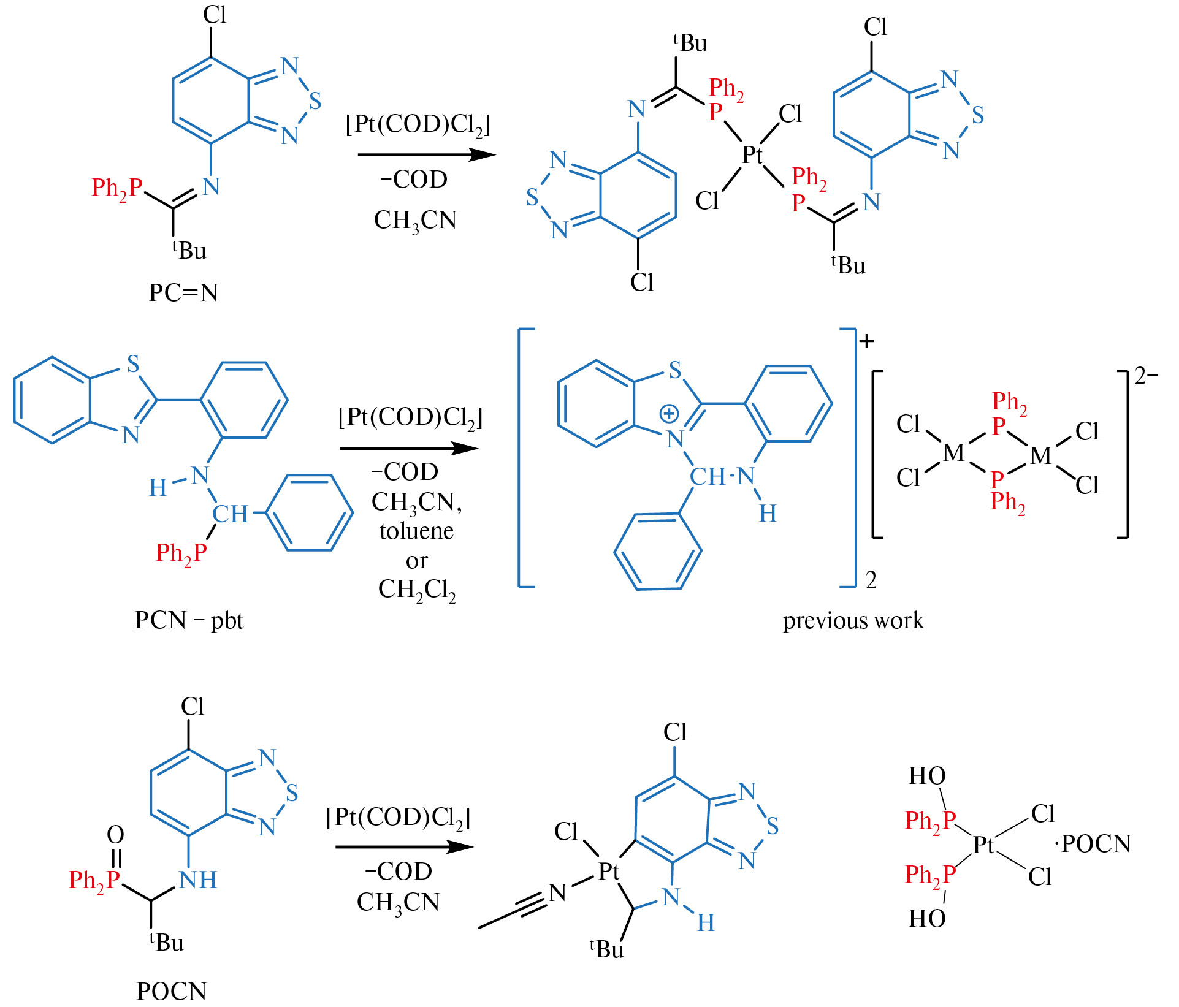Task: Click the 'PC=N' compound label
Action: [x=183, y=292]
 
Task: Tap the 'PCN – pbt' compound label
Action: [x=189, y=620]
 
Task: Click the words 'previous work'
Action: [x=853, y=620]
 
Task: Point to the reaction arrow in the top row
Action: [x=426, y=155]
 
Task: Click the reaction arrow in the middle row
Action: [x=409, y=449]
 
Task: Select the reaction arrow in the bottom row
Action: [x=405, y=847]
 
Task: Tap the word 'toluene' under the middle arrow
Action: [x=416, y=531]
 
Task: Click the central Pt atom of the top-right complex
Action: [x=752, y=155]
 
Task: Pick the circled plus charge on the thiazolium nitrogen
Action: [x=668, y=414]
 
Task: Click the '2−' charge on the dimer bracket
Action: [x=1146, y=376]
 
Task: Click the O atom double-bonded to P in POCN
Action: [x=115, y=834]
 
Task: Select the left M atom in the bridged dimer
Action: [x=953, y=453]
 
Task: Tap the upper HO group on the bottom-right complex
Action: [x=927, y=776]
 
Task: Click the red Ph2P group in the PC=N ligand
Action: [x=117, y=188]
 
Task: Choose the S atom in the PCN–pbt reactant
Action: [x=133, y=364]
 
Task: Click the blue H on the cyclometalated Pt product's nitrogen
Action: [x=706, y=923]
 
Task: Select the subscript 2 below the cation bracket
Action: [x=871, y=580]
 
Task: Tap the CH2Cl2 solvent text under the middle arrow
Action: [x=417, y=590]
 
